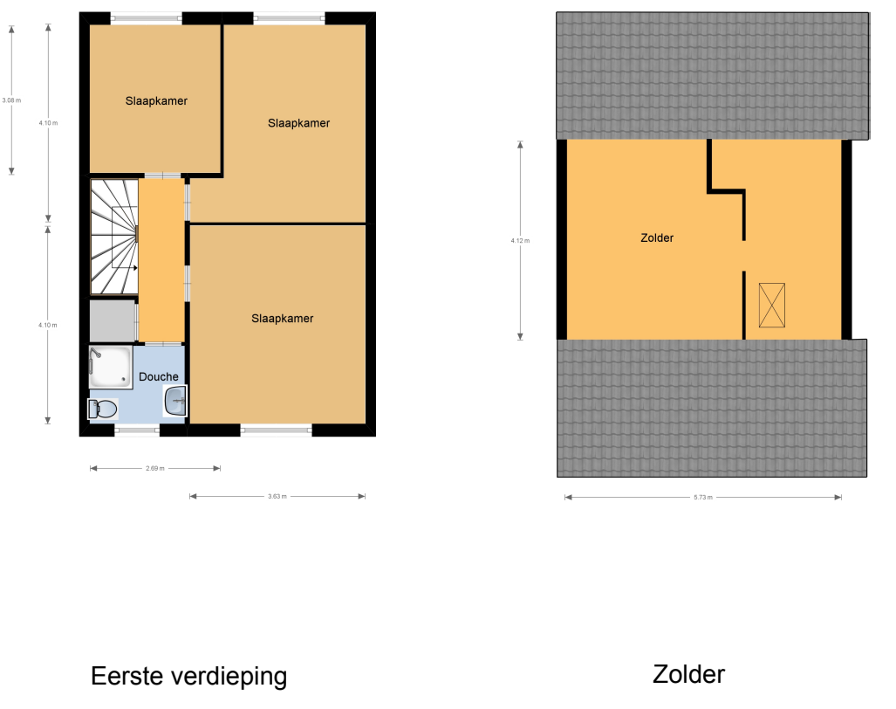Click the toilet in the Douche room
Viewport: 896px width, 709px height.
(103, 409)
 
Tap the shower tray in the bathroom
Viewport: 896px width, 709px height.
(111, 367)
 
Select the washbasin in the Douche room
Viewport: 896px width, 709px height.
(175, 400)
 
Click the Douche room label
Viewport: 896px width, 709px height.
(159, 377)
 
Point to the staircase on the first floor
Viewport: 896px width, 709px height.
(114, 237)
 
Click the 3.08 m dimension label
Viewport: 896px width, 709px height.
(11, 100)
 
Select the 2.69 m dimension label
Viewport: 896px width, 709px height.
(154, 468)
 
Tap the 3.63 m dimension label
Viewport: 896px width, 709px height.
(277, 496)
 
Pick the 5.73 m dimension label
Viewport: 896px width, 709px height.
(703, 498)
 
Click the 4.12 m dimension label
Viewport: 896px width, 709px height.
(520, 241)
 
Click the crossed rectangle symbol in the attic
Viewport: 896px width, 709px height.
(772, 306)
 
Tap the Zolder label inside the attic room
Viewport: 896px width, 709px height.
(657, 237)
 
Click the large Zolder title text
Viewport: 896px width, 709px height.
(688, 675)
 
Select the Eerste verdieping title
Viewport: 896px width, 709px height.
(189, 677)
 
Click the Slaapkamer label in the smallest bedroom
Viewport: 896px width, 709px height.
(156, 101)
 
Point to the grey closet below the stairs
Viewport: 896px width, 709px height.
(113, 320)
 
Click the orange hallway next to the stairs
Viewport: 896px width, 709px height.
(161, 261)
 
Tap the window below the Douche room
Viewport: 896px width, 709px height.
(137, 430)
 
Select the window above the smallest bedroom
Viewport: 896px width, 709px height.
(147, 18)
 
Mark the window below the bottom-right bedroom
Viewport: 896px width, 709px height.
(276, 430)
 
